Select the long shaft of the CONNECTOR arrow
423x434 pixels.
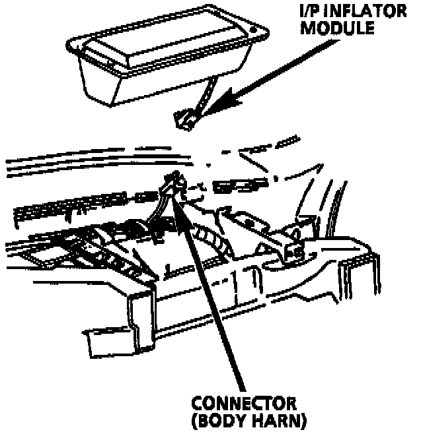click(x=215, y=297)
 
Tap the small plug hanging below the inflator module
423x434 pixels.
click(x=184, y=119)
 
